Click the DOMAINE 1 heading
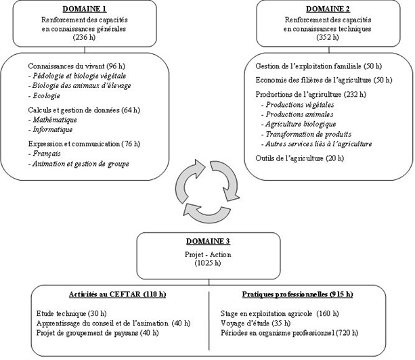click(x=85, y=9)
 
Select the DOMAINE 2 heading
click(x=328, y=9)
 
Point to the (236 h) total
click(x=85, y=38)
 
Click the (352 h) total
click(x=328, y=38)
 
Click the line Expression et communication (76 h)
click(x=84, y=143)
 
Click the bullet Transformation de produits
click(x=304, y=134)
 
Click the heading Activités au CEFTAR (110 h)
click(x=117, y=294)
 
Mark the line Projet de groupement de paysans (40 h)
click(x=97, y=333)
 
